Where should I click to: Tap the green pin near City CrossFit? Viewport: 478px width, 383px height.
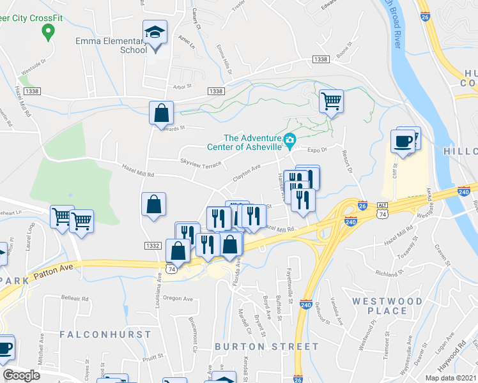47,31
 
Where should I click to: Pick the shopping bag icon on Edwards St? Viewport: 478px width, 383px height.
162,114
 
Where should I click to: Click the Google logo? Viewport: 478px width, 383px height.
21,375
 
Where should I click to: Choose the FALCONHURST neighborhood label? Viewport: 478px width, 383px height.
105,334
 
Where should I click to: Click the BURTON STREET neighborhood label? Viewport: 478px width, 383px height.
266,346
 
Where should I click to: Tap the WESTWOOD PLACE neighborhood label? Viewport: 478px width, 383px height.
387,306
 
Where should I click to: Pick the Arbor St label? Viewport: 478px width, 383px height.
183,86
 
